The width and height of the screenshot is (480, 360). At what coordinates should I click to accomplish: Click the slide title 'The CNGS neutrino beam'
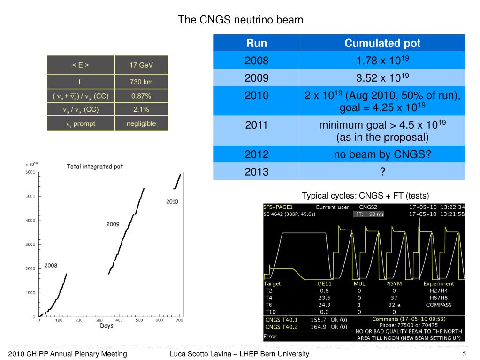(240, 20)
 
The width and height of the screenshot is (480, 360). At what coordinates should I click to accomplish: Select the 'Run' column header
(257, 44)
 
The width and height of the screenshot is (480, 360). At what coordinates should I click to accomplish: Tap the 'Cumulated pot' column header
(382, 44)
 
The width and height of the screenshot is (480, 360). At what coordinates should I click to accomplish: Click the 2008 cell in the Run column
(257, 61)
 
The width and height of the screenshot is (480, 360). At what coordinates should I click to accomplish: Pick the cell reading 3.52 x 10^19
(382, 77)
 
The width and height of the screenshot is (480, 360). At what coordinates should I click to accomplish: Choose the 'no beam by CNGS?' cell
(382, 154)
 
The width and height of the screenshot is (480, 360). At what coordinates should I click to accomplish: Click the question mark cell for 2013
(382, 172)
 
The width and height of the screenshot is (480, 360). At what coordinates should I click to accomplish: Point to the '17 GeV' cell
(141, 65)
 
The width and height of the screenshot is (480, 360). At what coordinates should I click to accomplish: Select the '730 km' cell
(141, 82)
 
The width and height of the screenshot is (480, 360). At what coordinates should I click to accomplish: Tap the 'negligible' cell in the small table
(141, 124)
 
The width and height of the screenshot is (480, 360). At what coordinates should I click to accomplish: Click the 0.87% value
(141, 96)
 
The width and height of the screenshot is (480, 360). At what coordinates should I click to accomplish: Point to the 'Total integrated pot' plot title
(95, 166)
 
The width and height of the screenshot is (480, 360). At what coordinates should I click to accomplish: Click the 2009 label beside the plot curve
(113, 224)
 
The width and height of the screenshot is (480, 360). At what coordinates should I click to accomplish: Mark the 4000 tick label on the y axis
(30, 220)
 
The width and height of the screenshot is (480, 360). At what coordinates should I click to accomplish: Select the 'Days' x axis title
(107, 326)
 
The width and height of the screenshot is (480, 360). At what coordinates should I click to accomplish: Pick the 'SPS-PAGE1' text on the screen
(278, 207)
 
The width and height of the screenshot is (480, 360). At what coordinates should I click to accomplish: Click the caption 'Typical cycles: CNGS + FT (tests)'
(366, 195)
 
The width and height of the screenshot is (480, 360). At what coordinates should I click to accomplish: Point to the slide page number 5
(464, 353)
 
